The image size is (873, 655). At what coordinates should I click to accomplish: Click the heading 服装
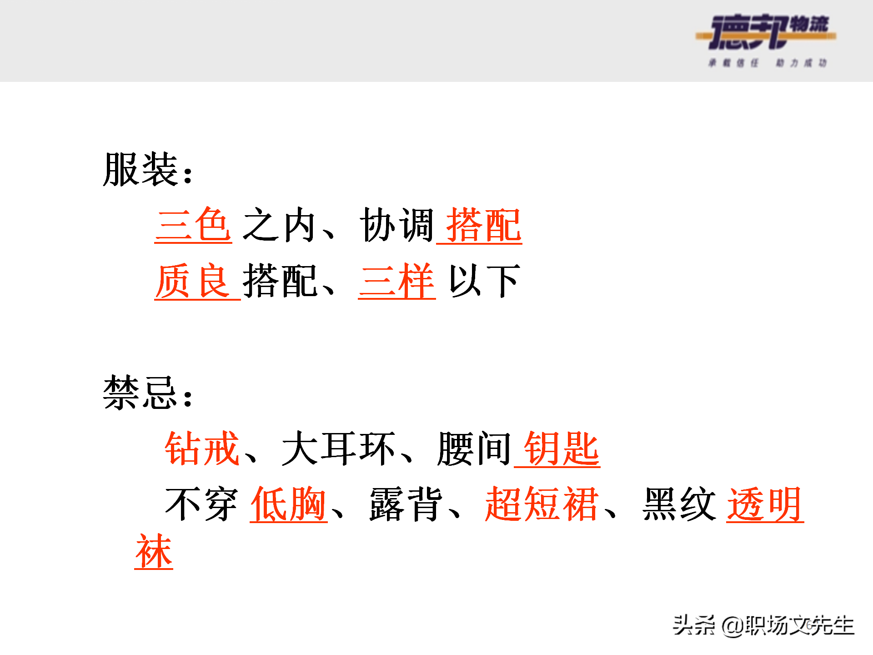pos(140,170)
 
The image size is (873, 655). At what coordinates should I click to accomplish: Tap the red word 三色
pos(193,225)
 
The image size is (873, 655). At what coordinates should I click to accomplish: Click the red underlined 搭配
pos(483,225)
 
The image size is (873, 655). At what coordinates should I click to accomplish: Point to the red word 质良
pos(192,281)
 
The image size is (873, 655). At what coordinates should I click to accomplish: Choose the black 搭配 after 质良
pos(279,281)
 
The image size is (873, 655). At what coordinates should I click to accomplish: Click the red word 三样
pos(397,281)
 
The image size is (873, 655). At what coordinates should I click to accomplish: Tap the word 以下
pos(484,281)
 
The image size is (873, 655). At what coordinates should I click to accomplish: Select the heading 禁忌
pos(140,393)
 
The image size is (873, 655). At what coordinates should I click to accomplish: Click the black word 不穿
pos(201,504)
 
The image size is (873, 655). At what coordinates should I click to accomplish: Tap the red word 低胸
pos(288,504)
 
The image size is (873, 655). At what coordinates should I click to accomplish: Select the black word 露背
pos(406,504)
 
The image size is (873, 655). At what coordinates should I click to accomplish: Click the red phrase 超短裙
pos(541,504)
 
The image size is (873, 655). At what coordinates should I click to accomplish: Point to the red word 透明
pos(765,504)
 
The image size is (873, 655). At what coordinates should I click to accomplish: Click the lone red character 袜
pos(154,551)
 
